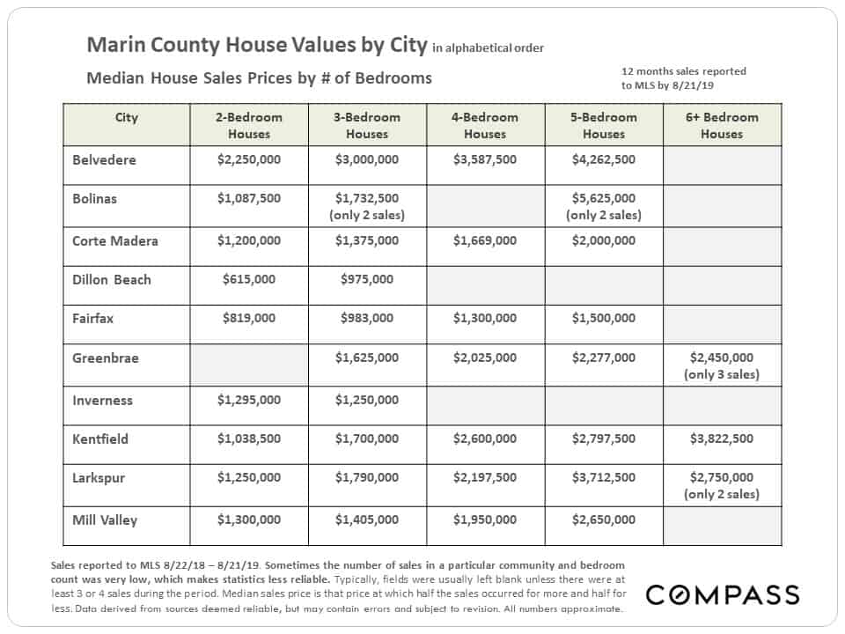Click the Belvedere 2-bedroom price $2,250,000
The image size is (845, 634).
249,159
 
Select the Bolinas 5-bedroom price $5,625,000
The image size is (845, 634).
604,198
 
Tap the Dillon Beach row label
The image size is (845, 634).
112,280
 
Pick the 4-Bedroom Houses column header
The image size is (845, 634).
485,126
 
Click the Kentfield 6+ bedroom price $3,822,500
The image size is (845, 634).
722,439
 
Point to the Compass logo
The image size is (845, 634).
723,594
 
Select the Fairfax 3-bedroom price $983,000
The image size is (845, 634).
367,318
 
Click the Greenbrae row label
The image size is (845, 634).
106,358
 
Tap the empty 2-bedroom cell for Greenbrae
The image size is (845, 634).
249,365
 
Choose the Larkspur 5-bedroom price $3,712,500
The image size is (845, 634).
604,477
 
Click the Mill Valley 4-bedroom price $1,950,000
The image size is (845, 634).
485,520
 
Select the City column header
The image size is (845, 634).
127,117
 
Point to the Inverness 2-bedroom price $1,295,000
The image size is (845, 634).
249,400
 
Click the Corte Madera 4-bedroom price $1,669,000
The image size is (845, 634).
485,240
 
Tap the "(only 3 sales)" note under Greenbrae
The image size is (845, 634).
722,374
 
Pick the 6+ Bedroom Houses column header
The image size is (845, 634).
722,126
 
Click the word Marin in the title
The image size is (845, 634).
116,45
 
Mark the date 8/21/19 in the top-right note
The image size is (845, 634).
693,85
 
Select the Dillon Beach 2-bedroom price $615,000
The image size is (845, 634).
249,279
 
